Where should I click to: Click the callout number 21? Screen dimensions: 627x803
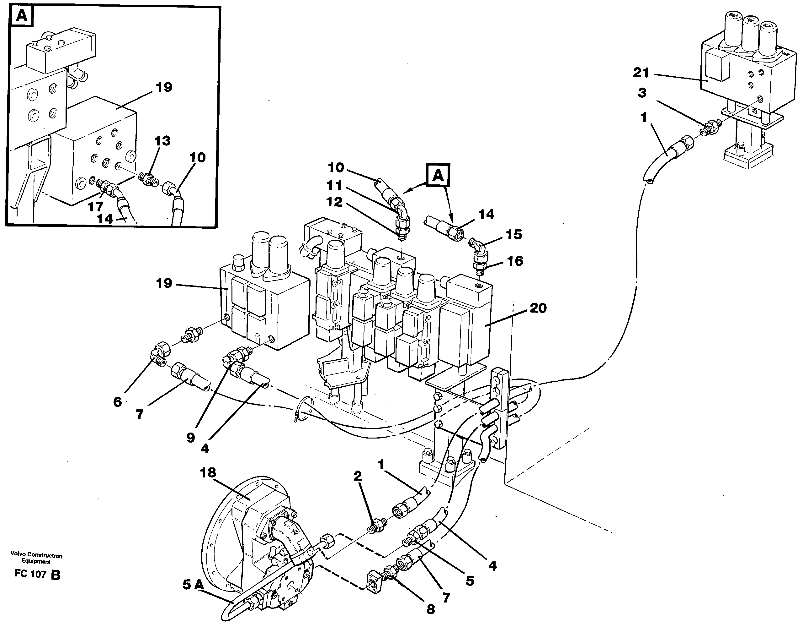[x=641, y=73]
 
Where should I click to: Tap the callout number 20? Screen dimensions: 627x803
[x=538, y=308]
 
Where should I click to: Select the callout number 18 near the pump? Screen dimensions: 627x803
[x=207, y=472]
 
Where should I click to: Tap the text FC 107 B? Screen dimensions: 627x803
[x=37, y=574]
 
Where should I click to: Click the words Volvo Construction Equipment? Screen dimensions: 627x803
[x=36, y=558]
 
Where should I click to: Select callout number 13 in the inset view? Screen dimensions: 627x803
[x=162, y=141]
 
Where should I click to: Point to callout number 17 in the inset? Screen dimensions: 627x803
[x=95, y=207]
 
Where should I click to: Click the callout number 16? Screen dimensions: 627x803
[x=515, y=261]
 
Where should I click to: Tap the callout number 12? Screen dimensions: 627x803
[x=334, y=202]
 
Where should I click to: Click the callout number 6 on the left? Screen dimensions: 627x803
[x=117, y=402]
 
